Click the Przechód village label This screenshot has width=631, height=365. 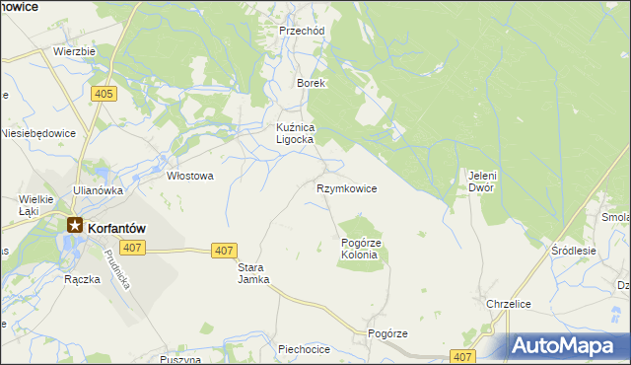(x=302, y=31)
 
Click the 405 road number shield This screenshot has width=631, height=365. (x=104, y=94)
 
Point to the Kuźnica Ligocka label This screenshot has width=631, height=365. (x=294, y=133)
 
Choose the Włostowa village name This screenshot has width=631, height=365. (x=190, y=176)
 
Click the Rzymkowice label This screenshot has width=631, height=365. (x=346, y=187)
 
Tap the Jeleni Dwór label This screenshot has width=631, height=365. (x=481, y=182)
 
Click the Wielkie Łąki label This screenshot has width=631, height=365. (x=35, y=204)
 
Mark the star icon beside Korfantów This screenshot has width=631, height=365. (x=75, y=226)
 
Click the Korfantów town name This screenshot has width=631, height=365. (x=116, y=227)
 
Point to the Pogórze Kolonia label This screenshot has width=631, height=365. (x=360, y=249)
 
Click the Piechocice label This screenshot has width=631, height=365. (x=303, y=348)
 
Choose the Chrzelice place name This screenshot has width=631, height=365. (x=510, y=304)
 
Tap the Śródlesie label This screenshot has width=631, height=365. (x=574, y=251)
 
